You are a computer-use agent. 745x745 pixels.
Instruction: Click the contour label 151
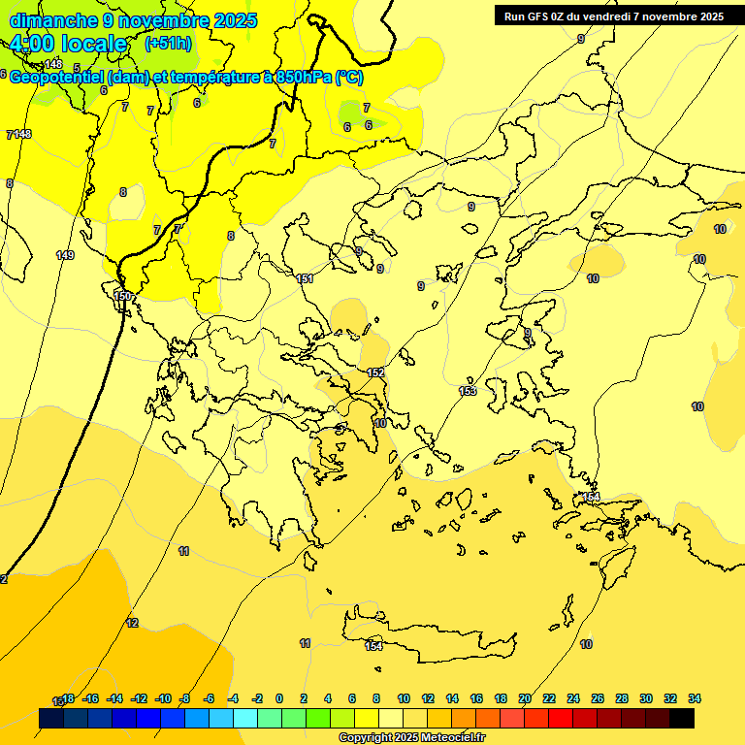coord(305,279)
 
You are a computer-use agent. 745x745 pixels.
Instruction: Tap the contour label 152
coord(376,372)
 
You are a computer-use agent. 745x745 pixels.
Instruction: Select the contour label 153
coord(468,391)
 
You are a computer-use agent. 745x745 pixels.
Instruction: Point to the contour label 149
coord(65,255)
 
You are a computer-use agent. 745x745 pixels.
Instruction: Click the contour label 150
coord(122,296)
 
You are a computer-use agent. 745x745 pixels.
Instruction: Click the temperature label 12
coord(132,623)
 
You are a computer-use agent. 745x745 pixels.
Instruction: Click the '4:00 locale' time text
coord(68,45)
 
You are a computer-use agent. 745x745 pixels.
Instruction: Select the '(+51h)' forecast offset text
coord(168,44)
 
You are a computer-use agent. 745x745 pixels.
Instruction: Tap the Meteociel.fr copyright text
coord(411,738)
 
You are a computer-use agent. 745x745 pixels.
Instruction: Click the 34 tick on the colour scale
coord(694,698)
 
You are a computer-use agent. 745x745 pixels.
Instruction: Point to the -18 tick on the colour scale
coord(67,698)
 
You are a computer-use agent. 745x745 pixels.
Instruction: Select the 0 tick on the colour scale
coord(279,698)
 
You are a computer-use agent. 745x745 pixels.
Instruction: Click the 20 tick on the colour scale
coord(525,698)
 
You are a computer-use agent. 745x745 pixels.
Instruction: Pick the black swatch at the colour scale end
coord(682,719)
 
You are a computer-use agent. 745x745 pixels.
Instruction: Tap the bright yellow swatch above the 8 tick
coord(367,719)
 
